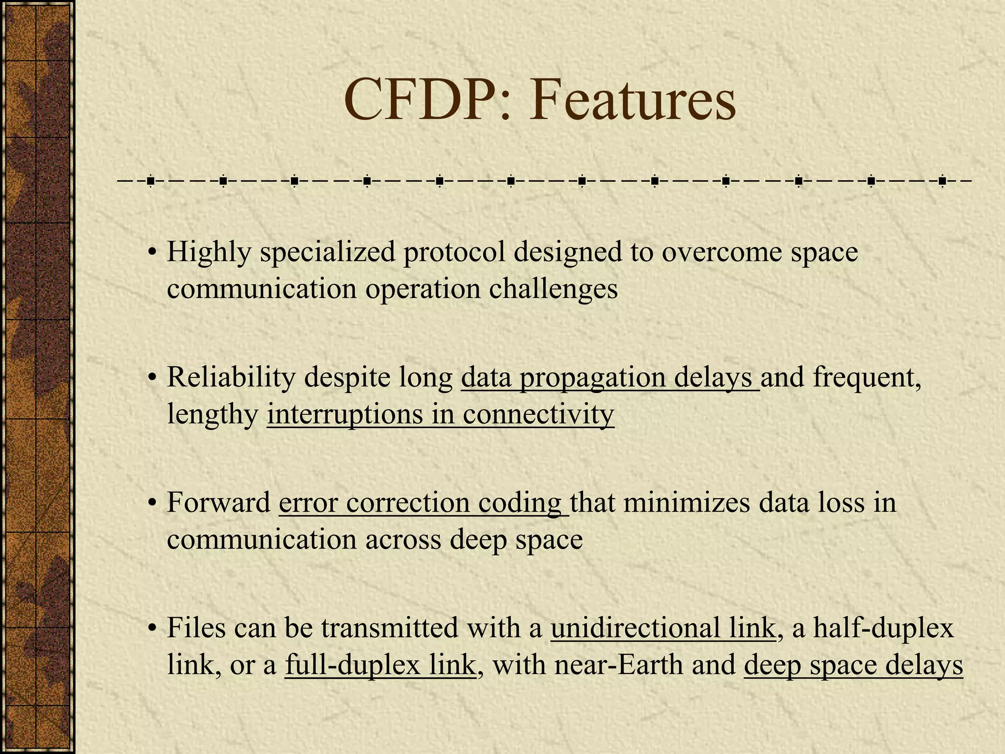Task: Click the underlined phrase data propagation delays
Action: point(610,377)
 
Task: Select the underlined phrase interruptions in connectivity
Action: point(440,414)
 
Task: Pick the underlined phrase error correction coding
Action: point(423,503)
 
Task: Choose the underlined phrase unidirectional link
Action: point(663,628)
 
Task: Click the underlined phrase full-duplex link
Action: point(380,665)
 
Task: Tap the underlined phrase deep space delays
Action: point(853,665)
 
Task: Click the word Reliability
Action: point(230,377)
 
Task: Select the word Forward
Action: point(218,503)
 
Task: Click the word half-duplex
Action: point(883,628)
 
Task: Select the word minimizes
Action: point(687,503)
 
